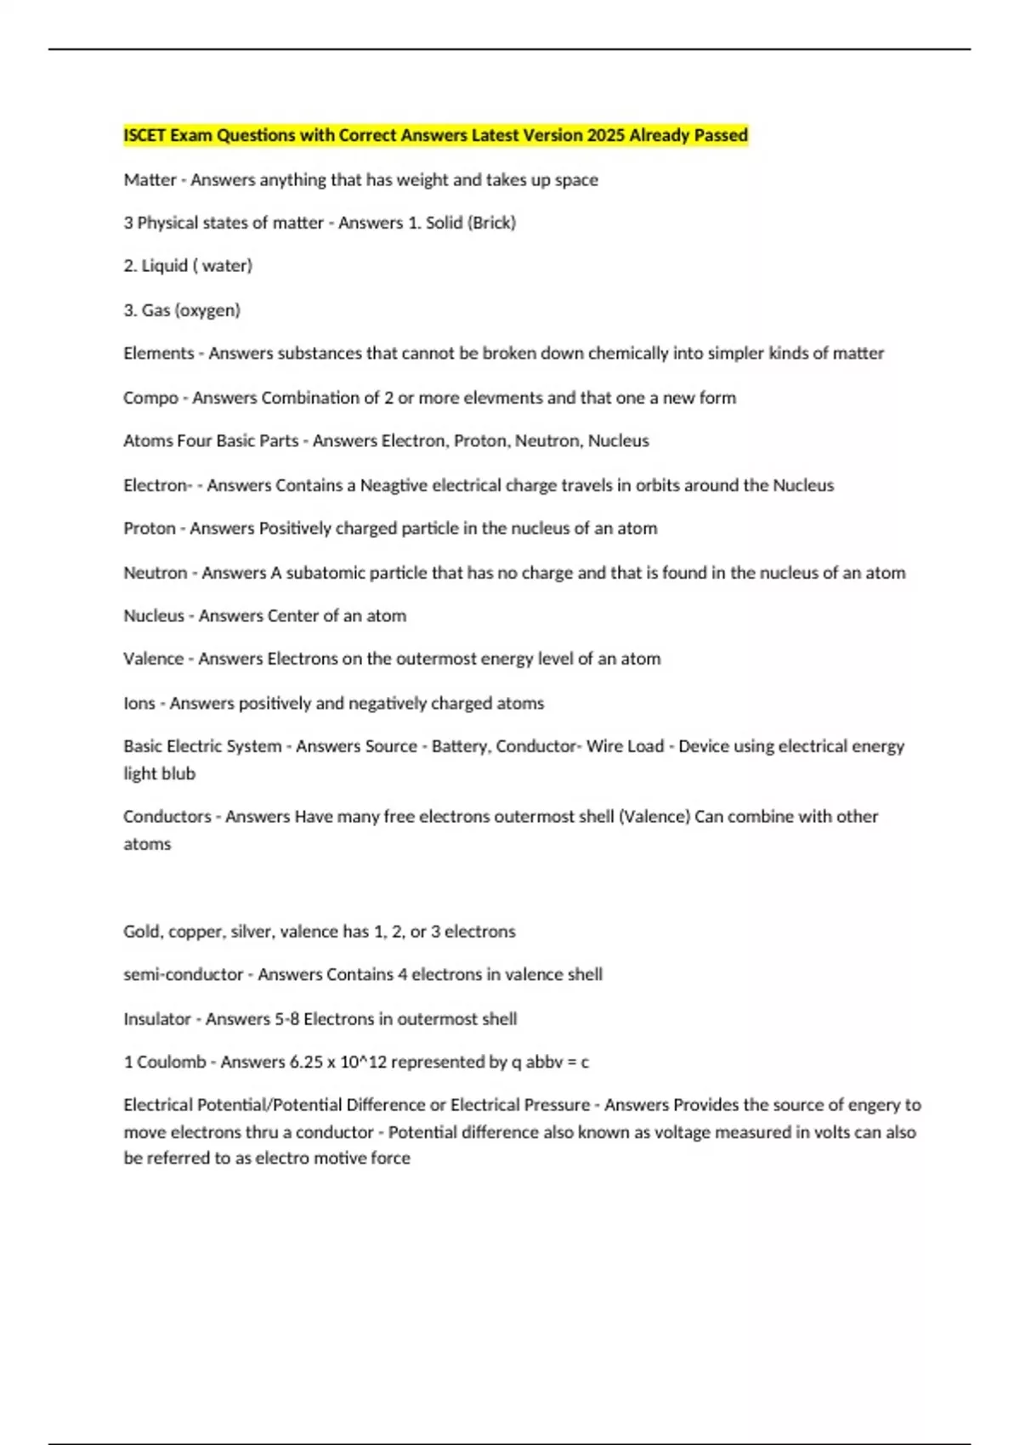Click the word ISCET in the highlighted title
(x=145, y=135)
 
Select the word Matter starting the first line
(x=150, y=179)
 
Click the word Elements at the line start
(x=158, y=353)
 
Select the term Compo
(x=150, y=398)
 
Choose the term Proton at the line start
(x=150, y=528)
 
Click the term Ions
(x=139, y=703)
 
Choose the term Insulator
(x=157, y=1018)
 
